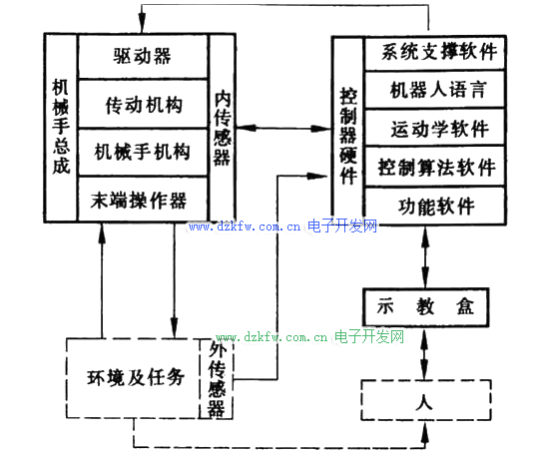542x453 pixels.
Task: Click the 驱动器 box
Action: click(x=143, y=56)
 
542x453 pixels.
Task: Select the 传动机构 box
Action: click(x=143, y=104)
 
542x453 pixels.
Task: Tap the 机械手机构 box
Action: click(x=143, y=153)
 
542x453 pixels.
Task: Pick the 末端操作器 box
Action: click(x=143, y=199)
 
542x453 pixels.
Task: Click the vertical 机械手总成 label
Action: click(x=61, y=127)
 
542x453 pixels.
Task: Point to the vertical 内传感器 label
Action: click(x=223, y=128)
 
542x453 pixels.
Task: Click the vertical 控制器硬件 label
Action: click(x=348, y=136)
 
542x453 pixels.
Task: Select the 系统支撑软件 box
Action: click(x=435, y=53)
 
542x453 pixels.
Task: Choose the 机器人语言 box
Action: click(x=435, y=90)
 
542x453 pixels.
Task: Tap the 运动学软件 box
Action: click(x=435, y=128)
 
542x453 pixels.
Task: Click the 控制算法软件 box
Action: click(x=435, y=167)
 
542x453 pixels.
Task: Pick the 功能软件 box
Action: click(x=435, y=206)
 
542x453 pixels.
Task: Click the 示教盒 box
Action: click(x=426, y=307)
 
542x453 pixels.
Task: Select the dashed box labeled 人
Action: click(x=426, y=400)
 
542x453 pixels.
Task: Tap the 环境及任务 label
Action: click(x=135, y=377)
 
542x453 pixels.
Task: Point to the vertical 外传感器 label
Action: click(x=217, y=380)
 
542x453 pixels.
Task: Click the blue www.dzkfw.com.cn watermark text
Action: click(x=245, y=226)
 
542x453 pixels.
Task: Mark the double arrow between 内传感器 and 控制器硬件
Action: click(x=283, y=129)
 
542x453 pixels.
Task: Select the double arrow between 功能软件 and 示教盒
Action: click(x=425, y=256)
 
